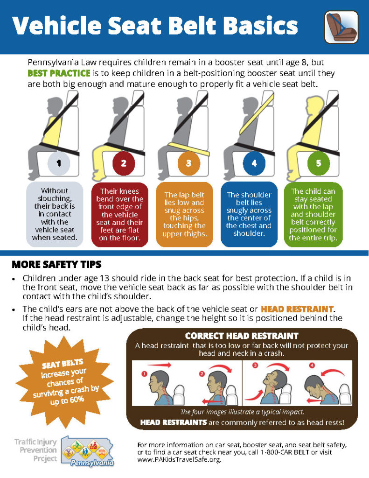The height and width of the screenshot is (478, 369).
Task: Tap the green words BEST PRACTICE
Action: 59,73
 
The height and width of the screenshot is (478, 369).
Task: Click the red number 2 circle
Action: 124,163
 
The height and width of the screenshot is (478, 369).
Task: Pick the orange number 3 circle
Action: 189,163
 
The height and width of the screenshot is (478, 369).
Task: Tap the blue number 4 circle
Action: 254,163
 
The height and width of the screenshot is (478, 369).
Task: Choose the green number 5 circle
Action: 319,163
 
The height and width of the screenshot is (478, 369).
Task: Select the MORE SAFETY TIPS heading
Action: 56,264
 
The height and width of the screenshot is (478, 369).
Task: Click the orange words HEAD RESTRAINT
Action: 297,309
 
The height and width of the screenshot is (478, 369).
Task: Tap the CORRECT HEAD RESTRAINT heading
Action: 241,336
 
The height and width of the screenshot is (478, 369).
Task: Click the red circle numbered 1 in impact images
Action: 145,373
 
